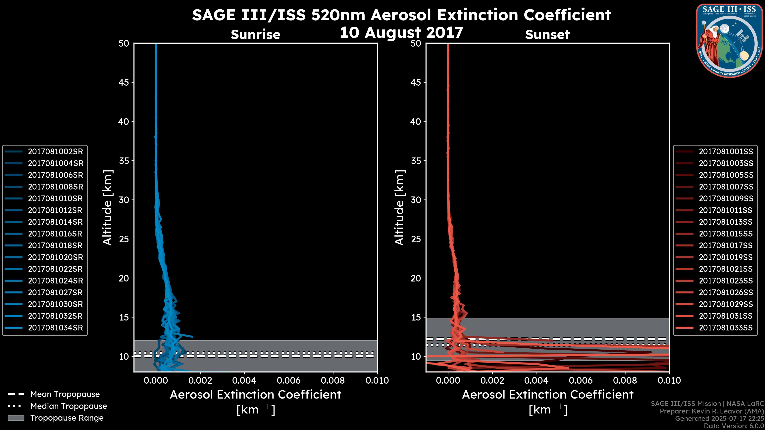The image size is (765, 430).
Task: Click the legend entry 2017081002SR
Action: coord(55,152)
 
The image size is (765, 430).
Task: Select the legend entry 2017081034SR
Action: coord(55,328)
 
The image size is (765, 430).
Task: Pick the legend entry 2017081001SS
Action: coord(726,152)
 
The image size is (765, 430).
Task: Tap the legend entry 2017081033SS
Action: coord(726,328)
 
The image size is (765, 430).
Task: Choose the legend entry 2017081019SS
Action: coord(726,257)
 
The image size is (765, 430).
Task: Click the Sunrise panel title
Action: coord(255,34)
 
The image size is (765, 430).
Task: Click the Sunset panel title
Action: coord(547,34)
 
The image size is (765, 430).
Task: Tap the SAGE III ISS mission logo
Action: coord(730,40)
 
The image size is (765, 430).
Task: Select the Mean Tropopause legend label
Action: coord(65,394)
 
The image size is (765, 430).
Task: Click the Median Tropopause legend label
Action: coord(69,406)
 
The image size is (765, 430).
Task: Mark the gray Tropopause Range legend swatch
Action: coord(16,418)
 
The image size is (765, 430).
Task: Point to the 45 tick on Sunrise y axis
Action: coord(124,82)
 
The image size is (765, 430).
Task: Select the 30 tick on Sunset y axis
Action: coord(416,200)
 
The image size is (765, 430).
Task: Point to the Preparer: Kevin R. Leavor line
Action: coord(712,411)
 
